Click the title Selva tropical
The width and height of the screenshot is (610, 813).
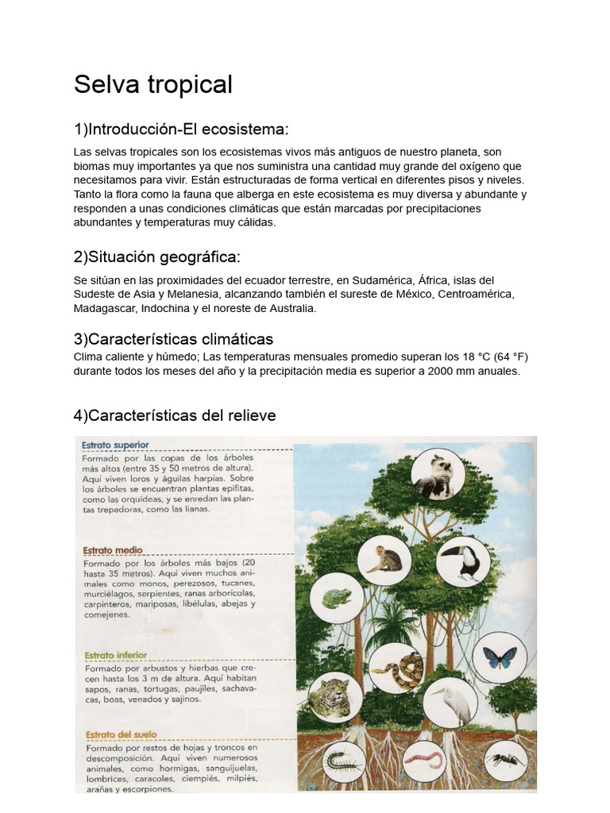153,84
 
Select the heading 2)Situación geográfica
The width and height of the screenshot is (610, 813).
156,256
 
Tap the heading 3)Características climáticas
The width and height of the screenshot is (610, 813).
173,339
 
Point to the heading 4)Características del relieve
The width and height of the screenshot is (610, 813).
175,415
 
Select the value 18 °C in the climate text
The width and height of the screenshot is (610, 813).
450,356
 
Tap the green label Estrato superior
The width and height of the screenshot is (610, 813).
116,445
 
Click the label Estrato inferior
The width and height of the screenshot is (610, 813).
115,655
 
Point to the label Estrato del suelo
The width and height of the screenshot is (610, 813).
120,734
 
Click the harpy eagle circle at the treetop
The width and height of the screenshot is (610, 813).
438,475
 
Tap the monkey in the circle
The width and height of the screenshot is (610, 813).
384,560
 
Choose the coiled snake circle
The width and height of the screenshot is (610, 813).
396,669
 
